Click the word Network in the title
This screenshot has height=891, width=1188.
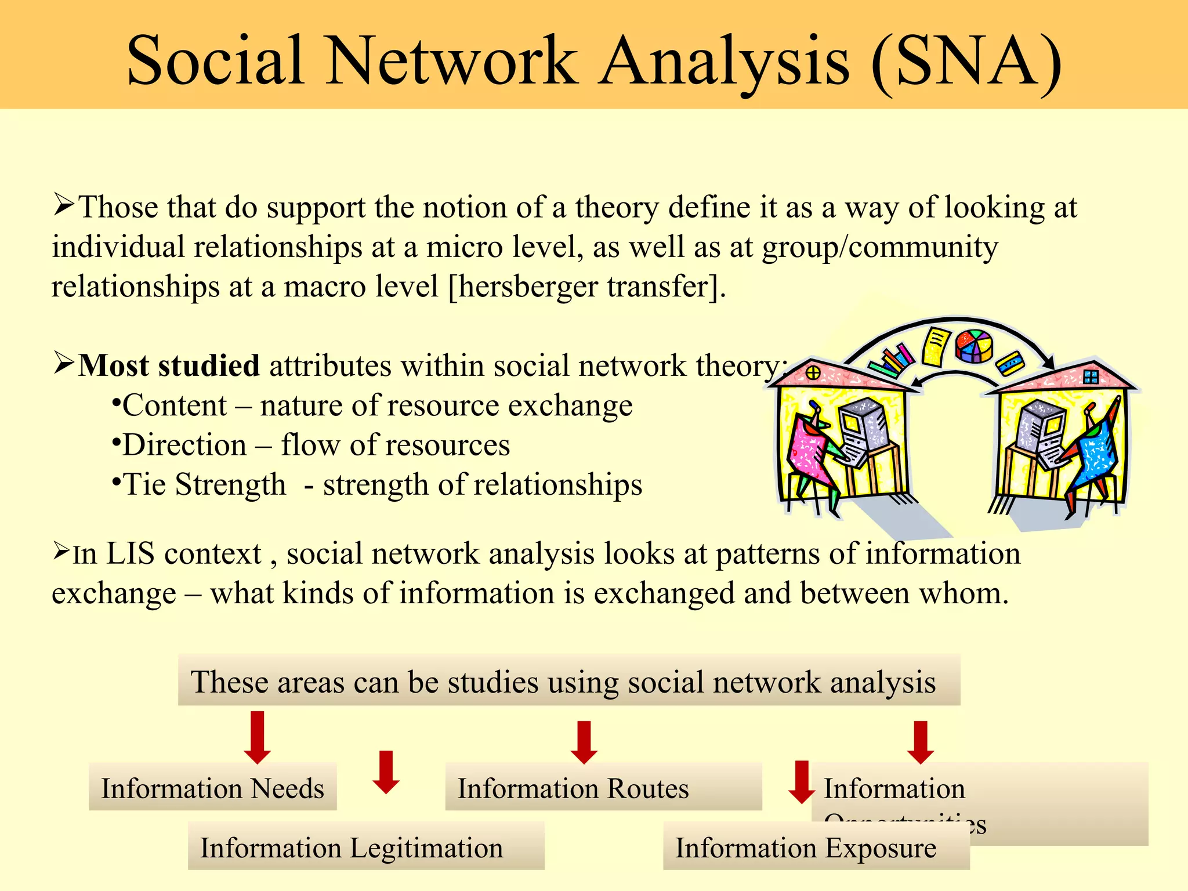click(x=452, y=61)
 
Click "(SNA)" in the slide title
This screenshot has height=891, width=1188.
click(x=966, y=61)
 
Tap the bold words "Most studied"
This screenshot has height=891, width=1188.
click(x=168, y=366)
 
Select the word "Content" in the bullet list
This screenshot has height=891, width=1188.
click(x=175, y=405)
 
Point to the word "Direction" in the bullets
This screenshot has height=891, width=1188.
click(x=184, y=445)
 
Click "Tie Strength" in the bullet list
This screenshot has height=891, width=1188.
click(x=204, y=485)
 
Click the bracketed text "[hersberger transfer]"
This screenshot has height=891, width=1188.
click(x=586, y=287)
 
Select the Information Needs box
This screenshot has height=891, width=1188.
click(x=212, y=788)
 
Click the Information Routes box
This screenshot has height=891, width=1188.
click(x=603, y=788)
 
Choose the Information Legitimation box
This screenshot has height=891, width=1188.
click(x=365, y=847)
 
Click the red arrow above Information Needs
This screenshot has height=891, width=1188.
click(x=257, y=737)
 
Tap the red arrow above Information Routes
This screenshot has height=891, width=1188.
click(x=584, y=742)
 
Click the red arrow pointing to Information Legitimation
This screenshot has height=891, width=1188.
click(x=386, y=772)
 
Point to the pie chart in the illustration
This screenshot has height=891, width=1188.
click(x=974, y=346)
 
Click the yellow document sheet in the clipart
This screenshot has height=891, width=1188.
click(x=935, y=347)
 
